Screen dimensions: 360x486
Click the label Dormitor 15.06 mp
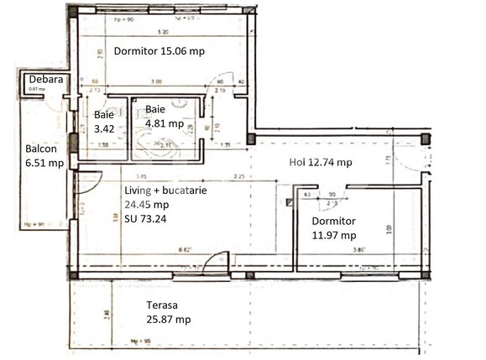pos(159,51)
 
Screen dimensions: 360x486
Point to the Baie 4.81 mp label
pos(164,117)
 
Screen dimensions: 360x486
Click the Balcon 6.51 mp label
pos(44,154)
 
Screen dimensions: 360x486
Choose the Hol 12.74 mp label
pos(320,163)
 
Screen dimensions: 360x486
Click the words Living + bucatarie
pos(161,190)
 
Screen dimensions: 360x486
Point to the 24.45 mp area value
pos(146,203)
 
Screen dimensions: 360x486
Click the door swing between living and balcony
pos(90,180)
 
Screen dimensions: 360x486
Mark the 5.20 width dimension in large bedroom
pos(163,32)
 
